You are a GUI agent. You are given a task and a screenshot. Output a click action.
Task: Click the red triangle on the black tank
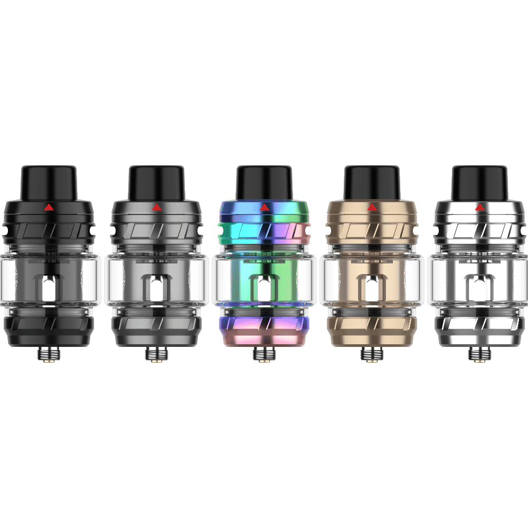49,208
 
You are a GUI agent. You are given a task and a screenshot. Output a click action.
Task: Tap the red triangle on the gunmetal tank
156,208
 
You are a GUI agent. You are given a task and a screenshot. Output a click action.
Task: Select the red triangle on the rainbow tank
263,208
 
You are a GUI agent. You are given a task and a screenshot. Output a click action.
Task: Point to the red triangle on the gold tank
371,208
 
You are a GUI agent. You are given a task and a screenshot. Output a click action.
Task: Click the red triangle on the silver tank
479,208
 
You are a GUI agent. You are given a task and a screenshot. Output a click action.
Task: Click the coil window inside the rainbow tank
263,289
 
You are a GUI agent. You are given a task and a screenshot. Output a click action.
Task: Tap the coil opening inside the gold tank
371,289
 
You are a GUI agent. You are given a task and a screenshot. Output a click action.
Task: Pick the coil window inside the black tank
49,289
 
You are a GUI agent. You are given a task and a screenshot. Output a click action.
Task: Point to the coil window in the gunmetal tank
156,289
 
